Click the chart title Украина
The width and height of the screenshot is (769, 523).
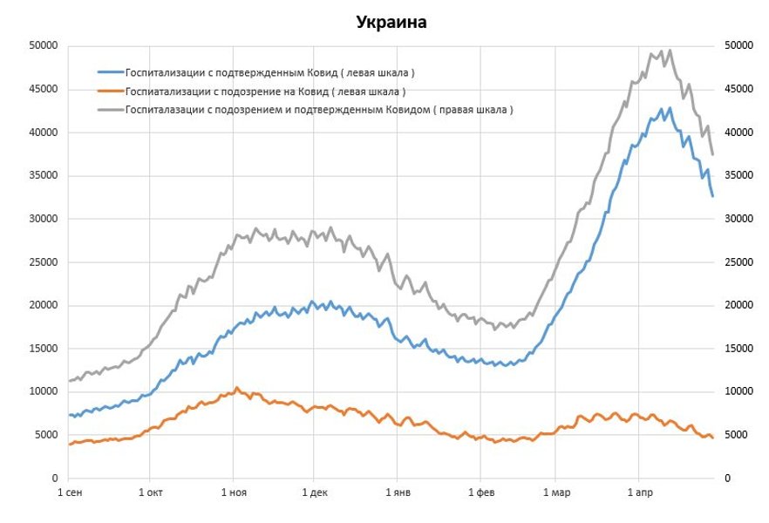coord(391,22)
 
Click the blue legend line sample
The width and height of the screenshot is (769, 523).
coord(110,72)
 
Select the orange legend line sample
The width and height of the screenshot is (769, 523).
coord(110,92)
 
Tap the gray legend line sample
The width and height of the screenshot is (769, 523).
coord(110,111)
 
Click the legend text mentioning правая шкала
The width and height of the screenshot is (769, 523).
coord(319,111)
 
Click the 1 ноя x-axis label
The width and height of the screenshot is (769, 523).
coord(233,494)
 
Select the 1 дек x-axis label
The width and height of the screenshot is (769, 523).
coord(315,494)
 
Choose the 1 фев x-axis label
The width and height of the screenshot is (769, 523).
coord(480,494)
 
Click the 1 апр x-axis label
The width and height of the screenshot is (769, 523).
coord(639,494)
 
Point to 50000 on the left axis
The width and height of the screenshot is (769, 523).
coord(43,45)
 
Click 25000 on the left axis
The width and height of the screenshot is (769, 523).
coord(43,261)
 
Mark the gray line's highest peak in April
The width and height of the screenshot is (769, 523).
coord(670,51)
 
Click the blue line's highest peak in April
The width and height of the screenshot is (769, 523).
coord(670,109)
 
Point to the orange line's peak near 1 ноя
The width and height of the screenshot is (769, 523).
coord(235,388)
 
